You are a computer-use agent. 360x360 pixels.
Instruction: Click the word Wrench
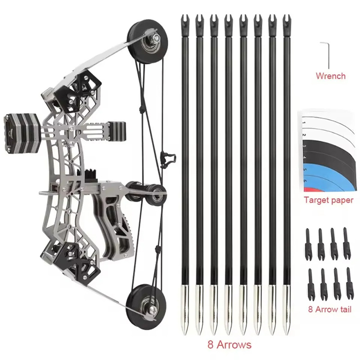click(330, 76)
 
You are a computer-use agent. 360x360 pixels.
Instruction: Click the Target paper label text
click(328, 200)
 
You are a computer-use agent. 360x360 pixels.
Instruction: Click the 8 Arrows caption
click(229, 345)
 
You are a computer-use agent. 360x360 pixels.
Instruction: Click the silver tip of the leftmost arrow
click(185, 310)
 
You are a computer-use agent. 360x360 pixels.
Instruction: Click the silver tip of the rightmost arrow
click(286, 310)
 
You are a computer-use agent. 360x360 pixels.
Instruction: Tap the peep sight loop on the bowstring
click(167, 157)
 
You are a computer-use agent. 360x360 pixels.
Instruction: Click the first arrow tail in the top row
click(308, 243)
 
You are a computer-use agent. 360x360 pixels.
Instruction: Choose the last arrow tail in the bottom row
click(349, 283)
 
